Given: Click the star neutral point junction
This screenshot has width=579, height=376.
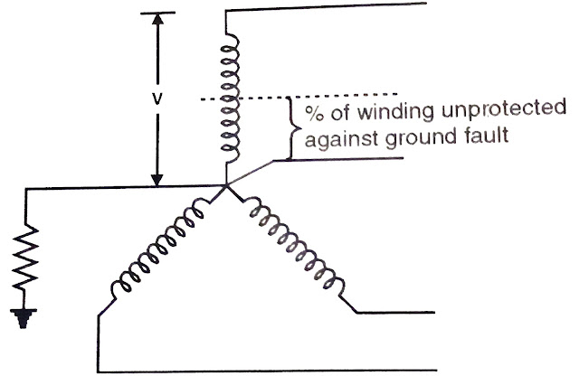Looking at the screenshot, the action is tap(225, 188).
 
